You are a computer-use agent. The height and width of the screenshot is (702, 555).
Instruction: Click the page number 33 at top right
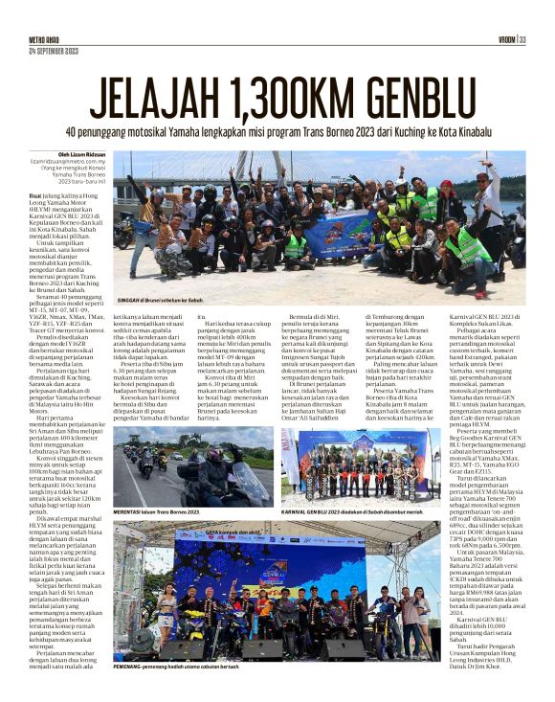point(523,39)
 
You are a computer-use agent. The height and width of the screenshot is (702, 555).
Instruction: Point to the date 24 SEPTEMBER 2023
point(54,49)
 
